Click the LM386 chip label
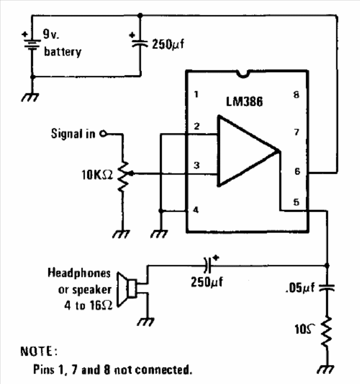[244, 102]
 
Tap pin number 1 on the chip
[196, 95]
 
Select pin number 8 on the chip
[296, 95]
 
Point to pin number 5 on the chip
[296, 202]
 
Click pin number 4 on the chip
[196, 210]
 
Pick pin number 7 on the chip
[297, 132]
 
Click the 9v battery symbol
[32, 44]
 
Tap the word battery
[62, 52]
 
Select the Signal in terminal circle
[103, 134]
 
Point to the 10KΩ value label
[97, 175]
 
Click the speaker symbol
[127, 289]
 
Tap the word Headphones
[79, 273]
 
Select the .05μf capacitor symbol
[327, 288]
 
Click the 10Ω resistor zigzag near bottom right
[327, 331]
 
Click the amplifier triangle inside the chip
[248, 151]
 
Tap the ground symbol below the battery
[30, 97]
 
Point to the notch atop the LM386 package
[243, 74]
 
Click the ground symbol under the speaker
[146, 322]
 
